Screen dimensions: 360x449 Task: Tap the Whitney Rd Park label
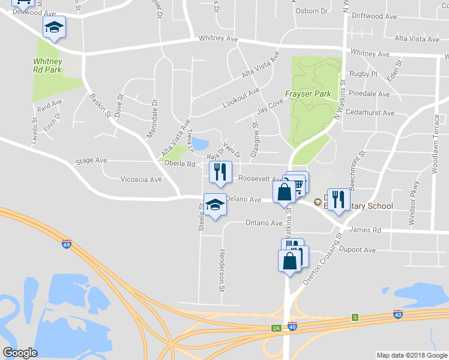coord(47,65)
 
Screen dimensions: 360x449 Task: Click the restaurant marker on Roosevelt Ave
coord(220,173)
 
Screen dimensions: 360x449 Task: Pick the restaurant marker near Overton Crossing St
coord(339,200)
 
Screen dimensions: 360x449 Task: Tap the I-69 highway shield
coord(66,244)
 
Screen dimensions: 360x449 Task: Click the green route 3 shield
coord(355,317)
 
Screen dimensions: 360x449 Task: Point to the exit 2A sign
coord(276,328)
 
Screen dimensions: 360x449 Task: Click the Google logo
coord(20,352)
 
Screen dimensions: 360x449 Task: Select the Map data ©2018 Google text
coord(411,355)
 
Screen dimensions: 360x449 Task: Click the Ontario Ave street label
coord(264,223)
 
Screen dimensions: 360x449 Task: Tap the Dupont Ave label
coord(357,250)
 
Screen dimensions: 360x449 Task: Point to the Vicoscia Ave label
coord(141,179)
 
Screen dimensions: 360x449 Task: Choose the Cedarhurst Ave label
coord(370,113)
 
